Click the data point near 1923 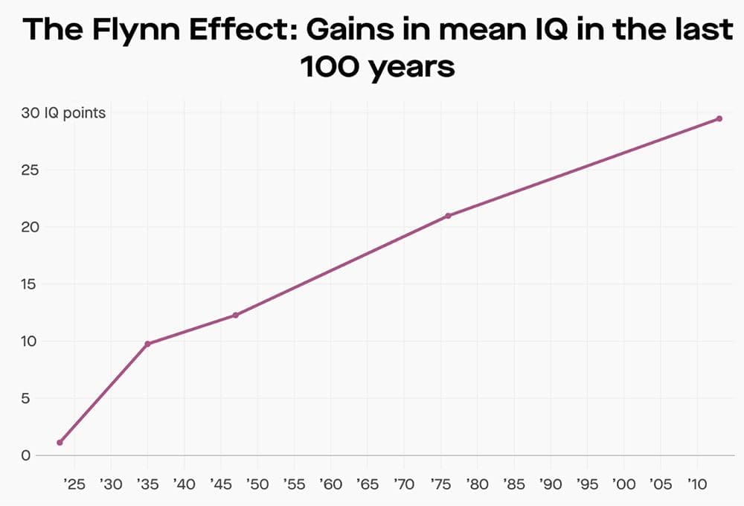pyautogui.click(x=60, y=442)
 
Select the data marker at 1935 pyautogui.click(x=147, y=344)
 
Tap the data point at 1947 pyautogui.click(x=235, y=315)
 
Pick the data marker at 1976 pyautogui.click(x=448, y=216)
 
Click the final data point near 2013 pyautogui.click(x=719, y=118)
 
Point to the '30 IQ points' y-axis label pyautogui.click(x=63, y=113)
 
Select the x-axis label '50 pyautogui.click(x=257, y=484)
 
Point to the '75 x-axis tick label pyautogui.click(x=440, y=484)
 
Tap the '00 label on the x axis pyautogui.click(x=623, y=484)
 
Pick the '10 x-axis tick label pyautogui.click(x=696, y=484)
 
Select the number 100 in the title pyautogui.click(x=333, y=67)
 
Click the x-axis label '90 pyautogui.click(x=550, y=484)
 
